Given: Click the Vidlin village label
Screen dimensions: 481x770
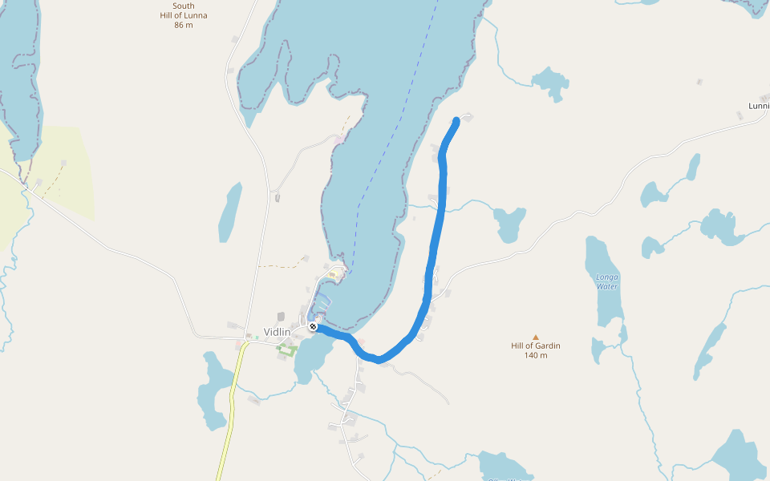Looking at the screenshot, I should [277, 332].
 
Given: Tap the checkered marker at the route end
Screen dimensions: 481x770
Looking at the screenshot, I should [313, 326].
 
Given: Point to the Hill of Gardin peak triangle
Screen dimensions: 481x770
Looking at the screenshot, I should [536, 338].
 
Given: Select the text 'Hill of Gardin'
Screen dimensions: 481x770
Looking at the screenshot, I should [536, 346].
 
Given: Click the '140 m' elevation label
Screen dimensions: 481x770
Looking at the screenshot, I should [536, 355].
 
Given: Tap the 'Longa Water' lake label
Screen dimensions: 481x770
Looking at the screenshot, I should [607, 281].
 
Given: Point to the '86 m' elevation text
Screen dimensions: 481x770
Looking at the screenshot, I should [184, 25].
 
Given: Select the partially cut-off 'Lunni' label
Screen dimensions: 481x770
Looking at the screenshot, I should [758, 106].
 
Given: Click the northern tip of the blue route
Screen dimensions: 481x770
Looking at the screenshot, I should [456, 121].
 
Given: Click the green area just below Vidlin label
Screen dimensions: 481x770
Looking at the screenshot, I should [286, 349].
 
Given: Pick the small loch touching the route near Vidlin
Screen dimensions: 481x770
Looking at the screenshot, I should [309, 359].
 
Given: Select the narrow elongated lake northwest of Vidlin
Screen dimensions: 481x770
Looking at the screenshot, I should [230, 212].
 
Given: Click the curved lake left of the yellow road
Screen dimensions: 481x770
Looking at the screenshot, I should [213, 393].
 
